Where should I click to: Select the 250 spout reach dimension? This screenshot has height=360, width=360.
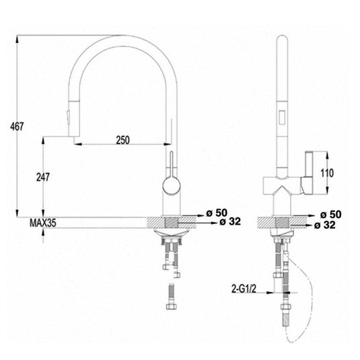[122, 140]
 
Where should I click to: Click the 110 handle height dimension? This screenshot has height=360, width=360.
[327, 172]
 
